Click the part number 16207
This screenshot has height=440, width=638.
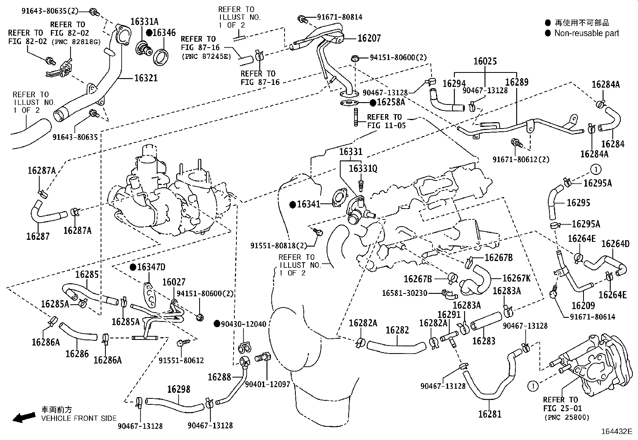[x=369, y=38]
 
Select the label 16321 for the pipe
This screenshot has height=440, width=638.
[x=146, y=78]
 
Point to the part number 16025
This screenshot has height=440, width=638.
[x=485, y=61]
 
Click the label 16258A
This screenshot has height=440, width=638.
[x=391, y=102]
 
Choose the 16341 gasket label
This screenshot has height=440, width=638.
[x=309, y=205]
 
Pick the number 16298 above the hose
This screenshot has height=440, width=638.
[x=179, y=389]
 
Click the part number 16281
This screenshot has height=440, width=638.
[x=489, y=414]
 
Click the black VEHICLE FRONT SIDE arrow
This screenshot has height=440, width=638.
[x=23, y=418]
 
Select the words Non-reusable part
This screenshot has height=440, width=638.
[x=586, y=33]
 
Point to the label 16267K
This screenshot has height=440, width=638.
[x=517, y=278]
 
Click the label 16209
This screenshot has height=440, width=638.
[x=583, y=305]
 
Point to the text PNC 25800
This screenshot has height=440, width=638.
[x=567, y=418]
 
